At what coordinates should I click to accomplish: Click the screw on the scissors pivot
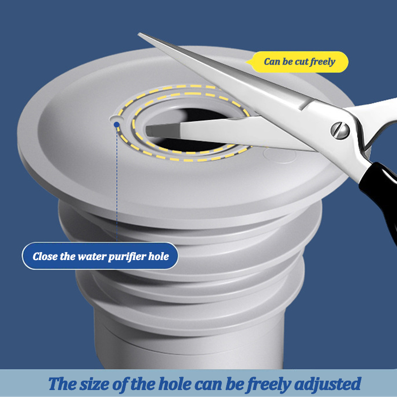(340, 130)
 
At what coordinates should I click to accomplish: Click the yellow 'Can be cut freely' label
(299, 62)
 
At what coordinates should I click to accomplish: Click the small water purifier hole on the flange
(115, 120)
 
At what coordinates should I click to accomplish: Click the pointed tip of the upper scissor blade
(139, 34)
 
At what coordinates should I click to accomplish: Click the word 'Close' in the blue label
(45, 257)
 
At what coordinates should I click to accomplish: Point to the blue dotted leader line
(117, 189)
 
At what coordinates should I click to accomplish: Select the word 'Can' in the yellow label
(272, 62)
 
